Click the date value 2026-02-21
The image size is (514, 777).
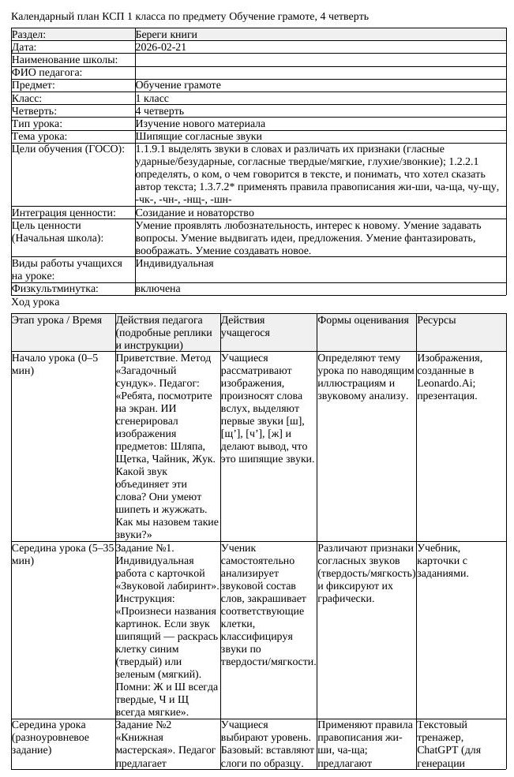[x=161, y=47]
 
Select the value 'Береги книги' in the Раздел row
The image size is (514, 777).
[x=166, y=35]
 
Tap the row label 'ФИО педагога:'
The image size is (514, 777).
[x=47, y=73]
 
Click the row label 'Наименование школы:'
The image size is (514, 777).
[x=65, y=60]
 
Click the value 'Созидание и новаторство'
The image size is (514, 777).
[x=194, y=213]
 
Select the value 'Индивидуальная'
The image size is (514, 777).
[x=174, y=263]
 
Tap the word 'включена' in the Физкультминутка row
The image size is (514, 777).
[x=158, y=290]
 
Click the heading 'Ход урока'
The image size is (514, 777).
[x=36, y=302]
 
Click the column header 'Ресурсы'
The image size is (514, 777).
[x=436, y=320]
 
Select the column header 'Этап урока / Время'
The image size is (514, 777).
[x=57, y=320]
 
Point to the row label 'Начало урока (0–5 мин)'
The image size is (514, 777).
[x=55, y=364]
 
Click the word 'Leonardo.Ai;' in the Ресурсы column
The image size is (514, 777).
[x=447, y=383]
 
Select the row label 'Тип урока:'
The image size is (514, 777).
[x=37, y=124]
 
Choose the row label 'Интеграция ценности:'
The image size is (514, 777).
[x=64, y=213]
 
